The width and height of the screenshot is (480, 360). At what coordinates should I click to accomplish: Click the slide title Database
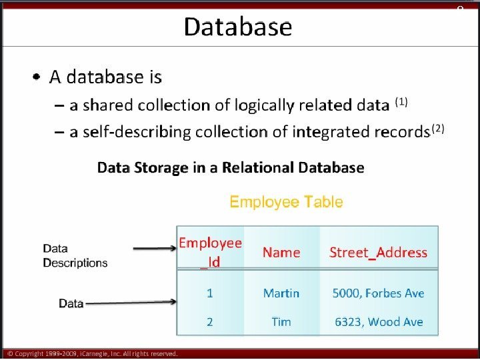pos(238,27)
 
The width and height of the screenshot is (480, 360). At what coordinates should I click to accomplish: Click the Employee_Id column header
pos(210,252)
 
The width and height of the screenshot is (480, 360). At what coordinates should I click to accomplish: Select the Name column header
pos(281,252)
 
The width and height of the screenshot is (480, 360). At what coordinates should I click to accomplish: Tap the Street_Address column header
pos(378,252)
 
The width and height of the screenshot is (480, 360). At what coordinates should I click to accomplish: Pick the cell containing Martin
pos(281,293)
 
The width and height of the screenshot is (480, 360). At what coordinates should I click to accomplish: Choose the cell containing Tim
pos(281,321)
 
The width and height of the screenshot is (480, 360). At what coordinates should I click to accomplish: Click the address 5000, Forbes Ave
pos(378,293)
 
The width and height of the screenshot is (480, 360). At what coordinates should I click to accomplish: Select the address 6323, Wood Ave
pos(379,321)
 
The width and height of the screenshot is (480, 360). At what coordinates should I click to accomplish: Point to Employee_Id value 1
pos(210,293)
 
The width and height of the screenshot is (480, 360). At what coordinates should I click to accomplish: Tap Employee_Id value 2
pos(210,321)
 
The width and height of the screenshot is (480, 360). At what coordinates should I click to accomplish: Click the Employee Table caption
pos(286,201)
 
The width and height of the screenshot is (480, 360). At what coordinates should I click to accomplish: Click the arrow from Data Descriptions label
pos(155,249)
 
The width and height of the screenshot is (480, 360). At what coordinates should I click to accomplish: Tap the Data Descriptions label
pos(75,255)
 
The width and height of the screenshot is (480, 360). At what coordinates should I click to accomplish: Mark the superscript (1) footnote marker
pos(401,102)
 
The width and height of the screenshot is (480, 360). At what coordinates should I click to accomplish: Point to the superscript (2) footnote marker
pos(437,128)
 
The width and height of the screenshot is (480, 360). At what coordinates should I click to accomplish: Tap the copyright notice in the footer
pos(93,353)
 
